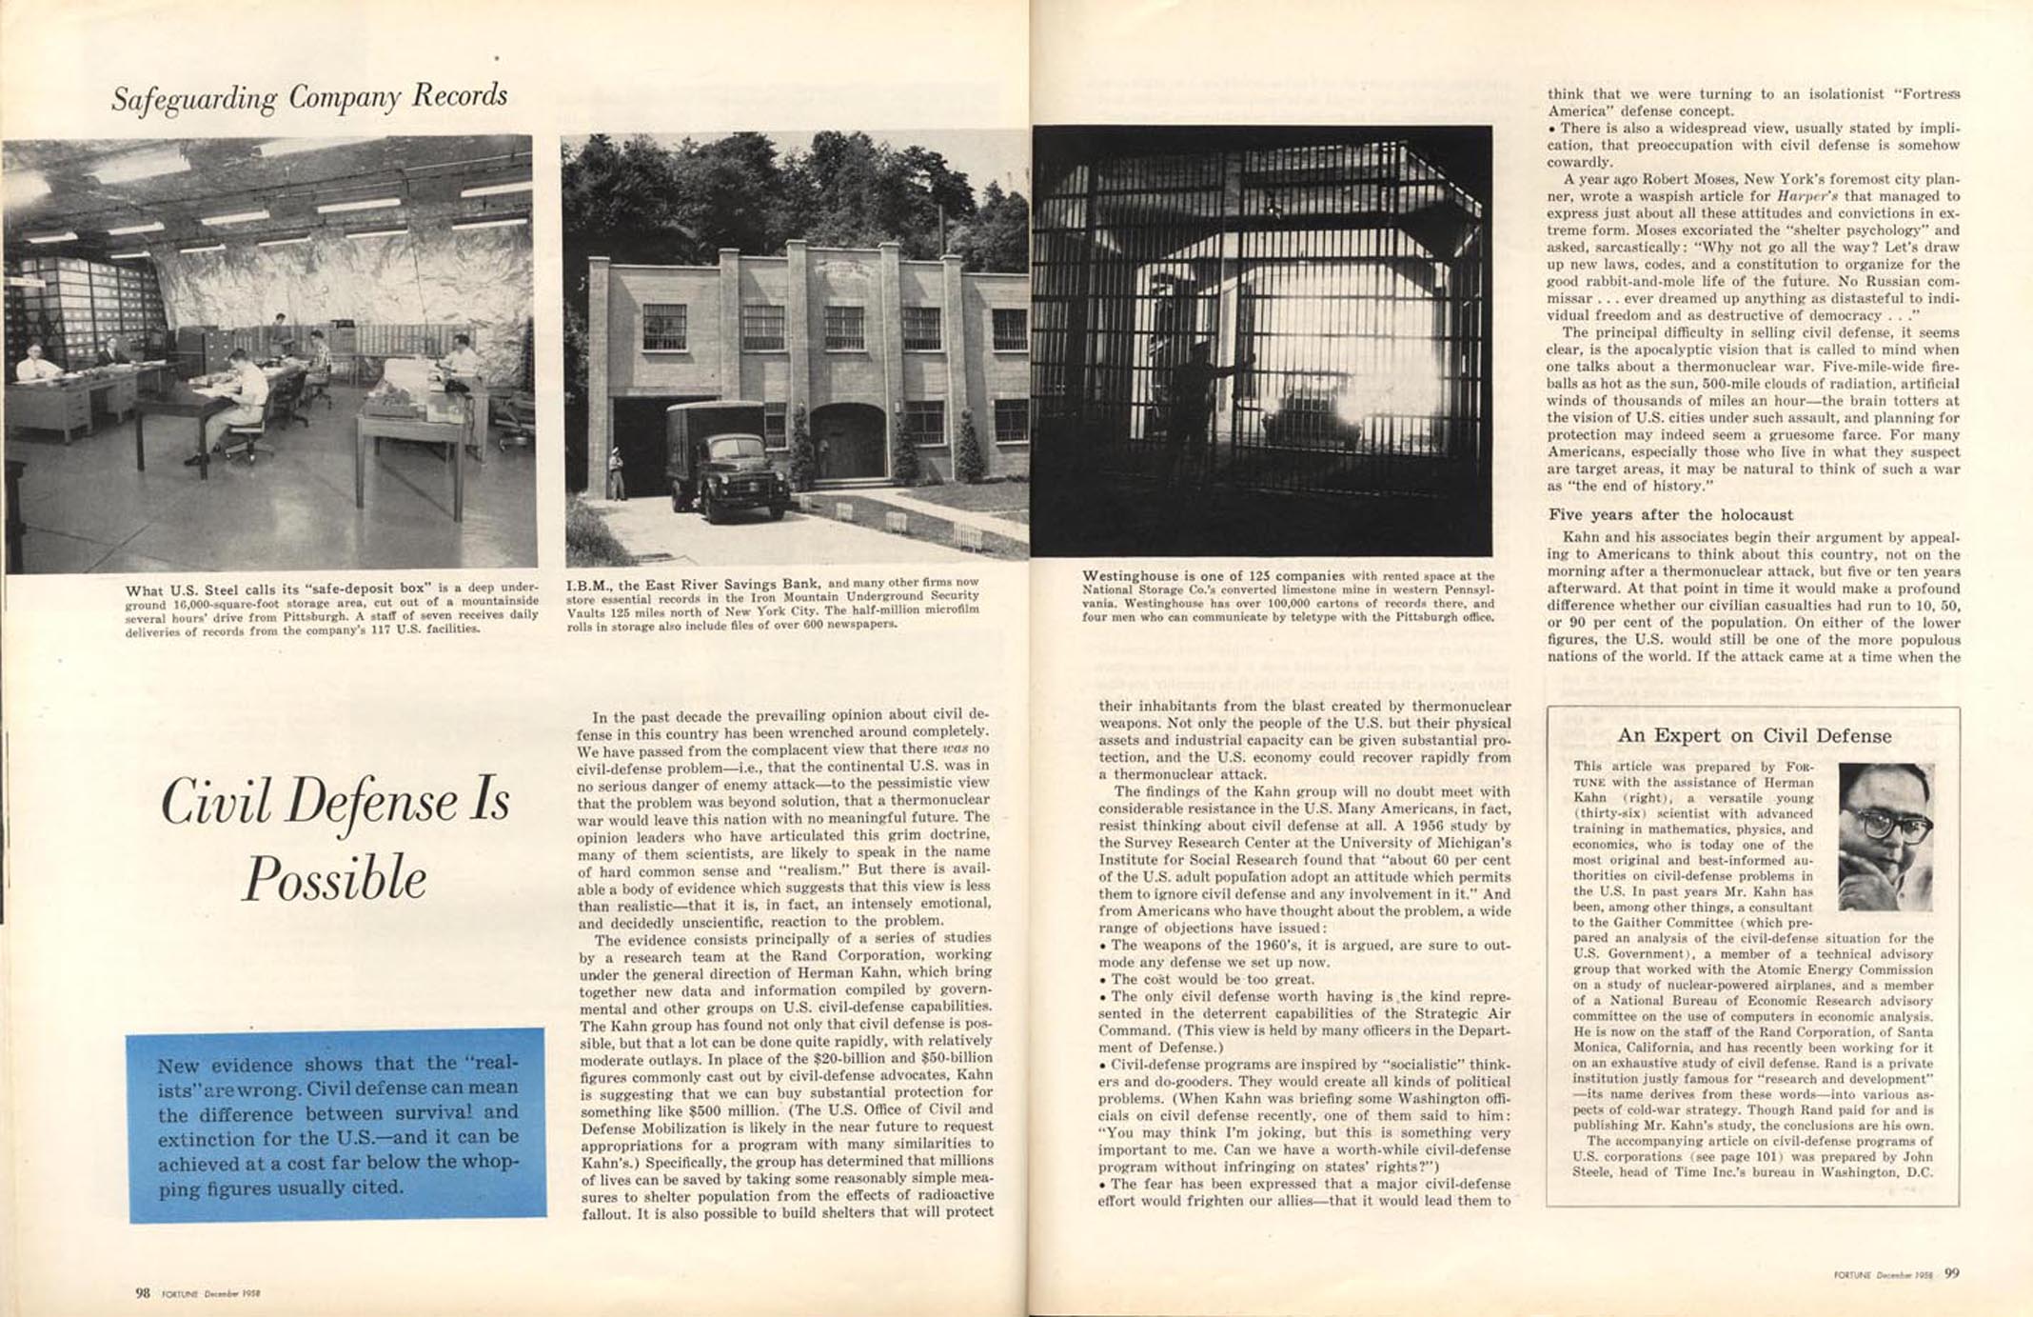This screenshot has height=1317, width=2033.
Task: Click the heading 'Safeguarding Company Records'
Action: coord(309,97)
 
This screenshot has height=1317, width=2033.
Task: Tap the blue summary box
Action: coord(337,1124)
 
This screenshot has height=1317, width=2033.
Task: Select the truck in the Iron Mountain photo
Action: coord(727,459)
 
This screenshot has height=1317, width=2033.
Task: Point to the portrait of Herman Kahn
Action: coord(1885,836)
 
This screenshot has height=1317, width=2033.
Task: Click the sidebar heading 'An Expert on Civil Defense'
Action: coord(1754,736)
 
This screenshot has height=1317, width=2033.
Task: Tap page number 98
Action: coord(143,1292)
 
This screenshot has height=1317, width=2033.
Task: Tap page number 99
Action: coord(1951,1273)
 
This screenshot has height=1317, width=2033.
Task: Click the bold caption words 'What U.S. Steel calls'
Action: coord(205,589)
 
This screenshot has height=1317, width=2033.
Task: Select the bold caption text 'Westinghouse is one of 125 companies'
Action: coord(1213,576)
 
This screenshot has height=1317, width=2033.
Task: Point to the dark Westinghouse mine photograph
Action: coord(1262,341)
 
